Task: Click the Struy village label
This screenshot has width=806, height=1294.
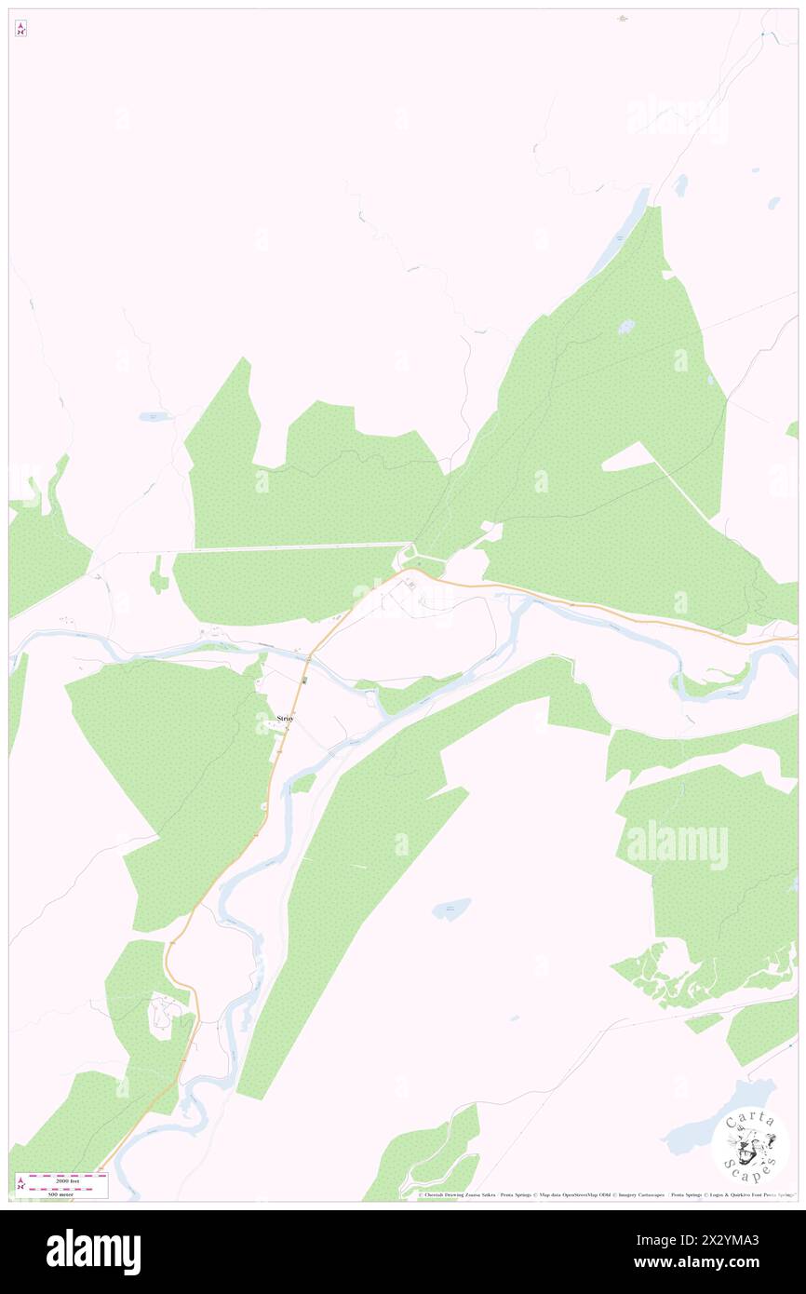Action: point(286,719)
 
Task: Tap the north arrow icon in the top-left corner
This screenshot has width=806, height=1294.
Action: point(20,29)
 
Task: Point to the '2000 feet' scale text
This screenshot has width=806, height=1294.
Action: point(62,1179)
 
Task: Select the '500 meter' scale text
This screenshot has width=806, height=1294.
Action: point(62,1193)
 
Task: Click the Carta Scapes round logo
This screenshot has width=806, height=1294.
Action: point(750,1144)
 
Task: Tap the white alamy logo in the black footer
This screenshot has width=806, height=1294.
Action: point(93,1252)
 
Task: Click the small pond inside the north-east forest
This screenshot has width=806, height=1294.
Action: point(626,328)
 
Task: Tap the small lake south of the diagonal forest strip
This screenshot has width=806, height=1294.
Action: point(451,910)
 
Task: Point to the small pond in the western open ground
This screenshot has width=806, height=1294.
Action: point(153,416)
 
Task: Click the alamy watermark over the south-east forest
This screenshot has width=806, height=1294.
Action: point(677,845)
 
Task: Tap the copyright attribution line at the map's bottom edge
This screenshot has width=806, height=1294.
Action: point(605,1195)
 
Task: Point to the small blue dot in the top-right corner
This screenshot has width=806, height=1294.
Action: point(762,34)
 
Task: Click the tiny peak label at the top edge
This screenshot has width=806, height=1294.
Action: point(622,18)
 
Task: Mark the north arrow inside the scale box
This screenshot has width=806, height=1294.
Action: point(21,1184)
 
